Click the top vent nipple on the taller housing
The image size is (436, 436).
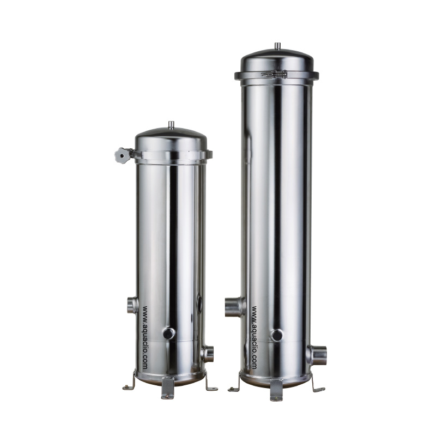click(x=277, y=46)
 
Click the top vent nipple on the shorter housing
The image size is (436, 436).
click(x=171, y=125)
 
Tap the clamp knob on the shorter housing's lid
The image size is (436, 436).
click(x=122, y=155)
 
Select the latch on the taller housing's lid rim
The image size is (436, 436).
click(x=274, y=74)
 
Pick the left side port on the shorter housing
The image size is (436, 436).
click(x=132, y=305)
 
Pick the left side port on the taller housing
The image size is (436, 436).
click(x=235, y=307)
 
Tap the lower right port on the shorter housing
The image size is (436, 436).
click(x=208, y=354)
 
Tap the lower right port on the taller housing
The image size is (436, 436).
click(x=317, y=355)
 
